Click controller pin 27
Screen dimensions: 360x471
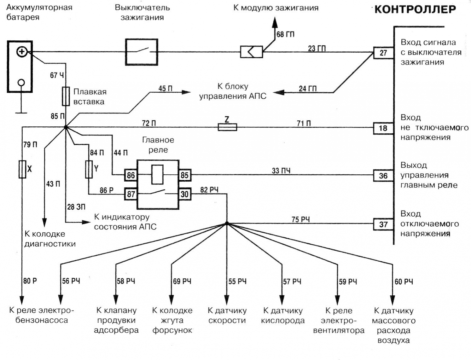pyautogui.click(x=383, y=53)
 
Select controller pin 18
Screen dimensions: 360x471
pyautogui.click(x=383, y=128)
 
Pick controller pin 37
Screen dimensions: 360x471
pyautogui.click(x=383, y=224)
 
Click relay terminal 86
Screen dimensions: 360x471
pyautogui.click(x=131, y=175)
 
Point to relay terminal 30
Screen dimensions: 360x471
pyautogui.click(x=185, y=194)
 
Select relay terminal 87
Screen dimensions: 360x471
pyautogui.click(x=131, y=194)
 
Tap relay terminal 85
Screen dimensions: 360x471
pyautogui.click(x=185, y=175)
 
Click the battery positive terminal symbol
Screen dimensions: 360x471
pyautogui.click(x=22, y=52)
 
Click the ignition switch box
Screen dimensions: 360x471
pyautogui.click(x=142, y=52)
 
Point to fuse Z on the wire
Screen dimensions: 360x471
pyautogui.click(x=227, y=127)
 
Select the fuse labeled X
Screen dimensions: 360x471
pyautogui.click(x=22, y=169)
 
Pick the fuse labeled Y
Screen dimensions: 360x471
pyautogui.click(x=89, y=169)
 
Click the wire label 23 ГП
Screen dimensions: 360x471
pyautogui.click(x=317, y=48)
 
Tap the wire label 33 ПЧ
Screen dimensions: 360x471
pyautogui.click(x=281, y=171)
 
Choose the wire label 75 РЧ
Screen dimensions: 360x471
pyautogui.click(x=300, y=219)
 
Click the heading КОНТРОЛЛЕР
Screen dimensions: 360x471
pyautogui.click(x=415, y=9)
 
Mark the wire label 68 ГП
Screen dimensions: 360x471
pyautogui.click(x=285, y=34)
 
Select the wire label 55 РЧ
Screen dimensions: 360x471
pyautogui.click(x=237, y=282)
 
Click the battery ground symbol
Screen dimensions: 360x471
pyautogui.click(x=21, y=112)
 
